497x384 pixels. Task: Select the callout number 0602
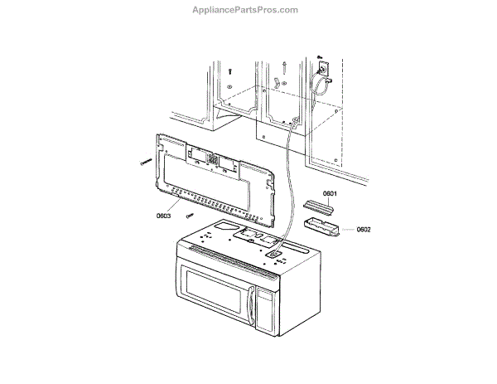(363, 230)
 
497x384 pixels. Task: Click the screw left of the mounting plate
(144, 163)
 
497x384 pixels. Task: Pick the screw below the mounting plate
(190, 216)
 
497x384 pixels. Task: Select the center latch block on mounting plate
(213, 158)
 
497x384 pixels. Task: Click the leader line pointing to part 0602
(347, 228)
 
